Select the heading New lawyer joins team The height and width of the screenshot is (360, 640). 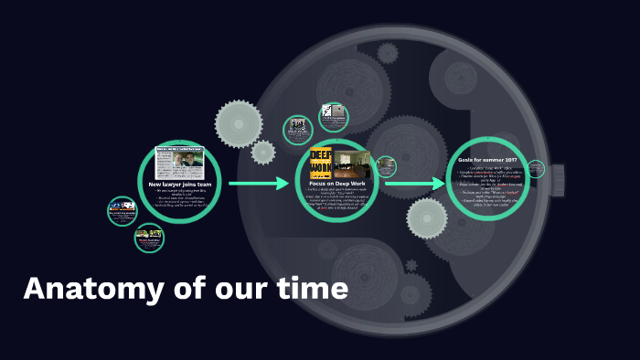[x=180, y=185]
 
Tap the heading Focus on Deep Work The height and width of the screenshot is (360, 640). [x=338, y=184]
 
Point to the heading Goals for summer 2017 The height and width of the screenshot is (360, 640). [x=487, y=160]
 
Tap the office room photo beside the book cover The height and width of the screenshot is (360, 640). [x=352, y=164]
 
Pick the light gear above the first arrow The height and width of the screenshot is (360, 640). [x=239, y=123]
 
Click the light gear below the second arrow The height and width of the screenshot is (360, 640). [x=427, y=218]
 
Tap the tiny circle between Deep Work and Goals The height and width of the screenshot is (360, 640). [x=386, y=166]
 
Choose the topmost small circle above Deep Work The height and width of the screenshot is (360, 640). [x=334, y=117]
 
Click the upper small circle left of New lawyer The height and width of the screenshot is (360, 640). [x=122, y=211]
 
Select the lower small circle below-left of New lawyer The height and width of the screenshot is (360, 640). [x=149, y=238]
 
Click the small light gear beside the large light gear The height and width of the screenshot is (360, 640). [x=263, y=152]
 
